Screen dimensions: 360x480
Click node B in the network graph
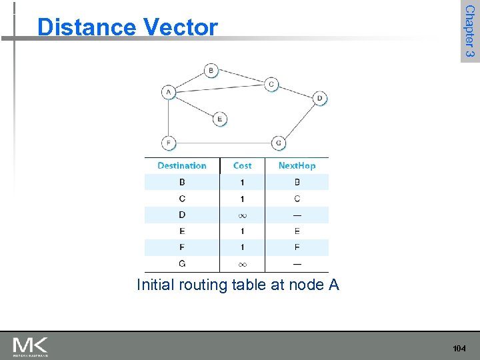(211, 70)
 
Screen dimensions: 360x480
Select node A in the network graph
(169, 92)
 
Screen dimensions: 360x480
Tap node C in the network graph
(271, 84)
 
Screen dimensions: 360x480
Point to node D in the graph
(320, 98)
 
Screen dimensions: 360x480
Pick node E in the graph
(220, 119)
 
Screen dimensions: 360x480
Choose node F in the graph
(169, 142)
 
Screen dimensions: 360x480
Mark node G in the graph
(279, 143)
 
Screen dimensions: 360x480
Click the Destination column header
(182, 165)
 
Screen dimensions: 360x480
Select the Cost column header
(242, 165)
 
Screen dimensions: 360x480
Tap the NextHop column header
(297, 165)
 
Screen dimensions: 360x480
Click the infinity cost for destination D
(242, 215)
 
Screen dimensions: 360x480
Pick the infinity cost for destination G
(242, 264)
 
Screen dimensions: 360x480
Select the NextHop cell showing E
(297, 231)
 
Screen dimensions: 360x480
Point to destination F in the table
(182, 247)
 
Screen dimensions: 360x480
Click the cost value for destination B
(242, 182)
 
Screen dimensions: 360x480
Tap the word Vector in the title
(180, 27)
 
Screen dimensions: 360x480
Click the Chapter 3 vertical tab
(469, 31)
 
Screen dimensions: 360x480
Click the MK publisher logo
(31, 346)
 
